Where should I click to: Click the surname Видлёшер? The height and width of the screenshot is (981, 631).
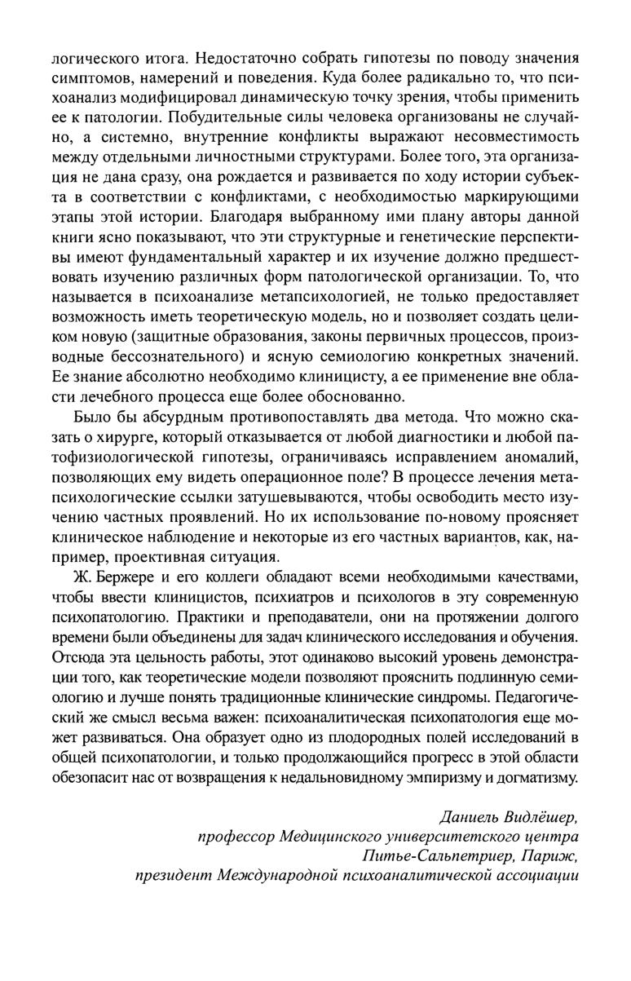click(543, 816)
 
